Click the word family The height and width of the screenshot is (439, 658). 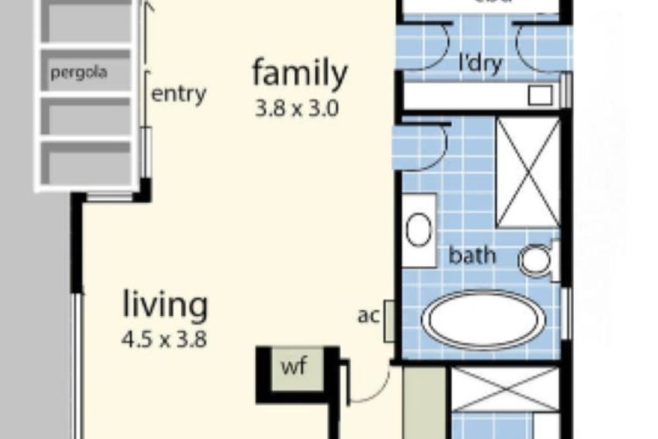click(300, 73)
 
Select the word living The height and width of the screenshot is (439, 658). click(165, 306)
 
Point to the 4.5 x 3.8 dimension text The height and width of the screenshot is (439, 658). click(165, 339)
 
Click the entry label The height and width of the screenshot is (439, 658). click(179, 94)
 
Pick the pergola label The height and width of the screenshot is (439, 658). click(79, 72)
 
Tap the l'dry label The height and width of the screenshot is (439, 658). click(482, 63)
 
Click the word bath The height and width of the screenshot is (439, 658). click(472, 256)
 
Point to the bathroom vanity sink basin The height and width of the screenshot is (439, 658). click(418, 231)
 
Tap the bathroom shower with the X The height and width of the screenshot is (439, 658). click(527, 172)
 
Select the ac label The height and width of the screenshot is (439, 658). click(368, 314)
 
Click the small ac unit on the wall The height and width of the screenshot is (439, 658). click(390, 318)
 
